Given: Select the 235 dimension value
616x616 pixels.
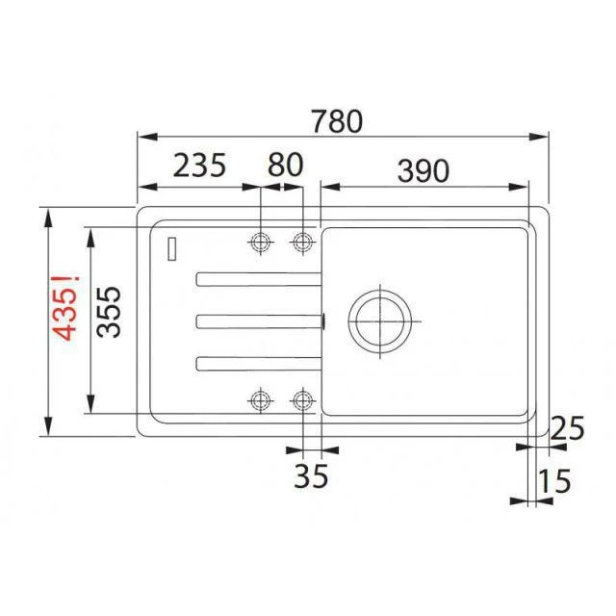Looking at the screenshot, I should [199, 166].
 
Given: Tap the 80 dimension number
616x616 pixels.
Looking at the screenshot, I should [285, 166].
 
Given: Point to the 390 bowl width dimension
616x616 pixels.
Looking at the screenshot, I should [422, 169].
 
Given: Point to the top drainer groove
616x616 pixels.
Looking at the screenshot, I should [257, 279].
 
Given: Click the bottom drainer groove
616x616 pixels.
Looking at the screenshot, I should [257, 363].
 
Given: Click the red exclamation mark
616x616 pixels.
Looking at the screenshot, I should [65, 280].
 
